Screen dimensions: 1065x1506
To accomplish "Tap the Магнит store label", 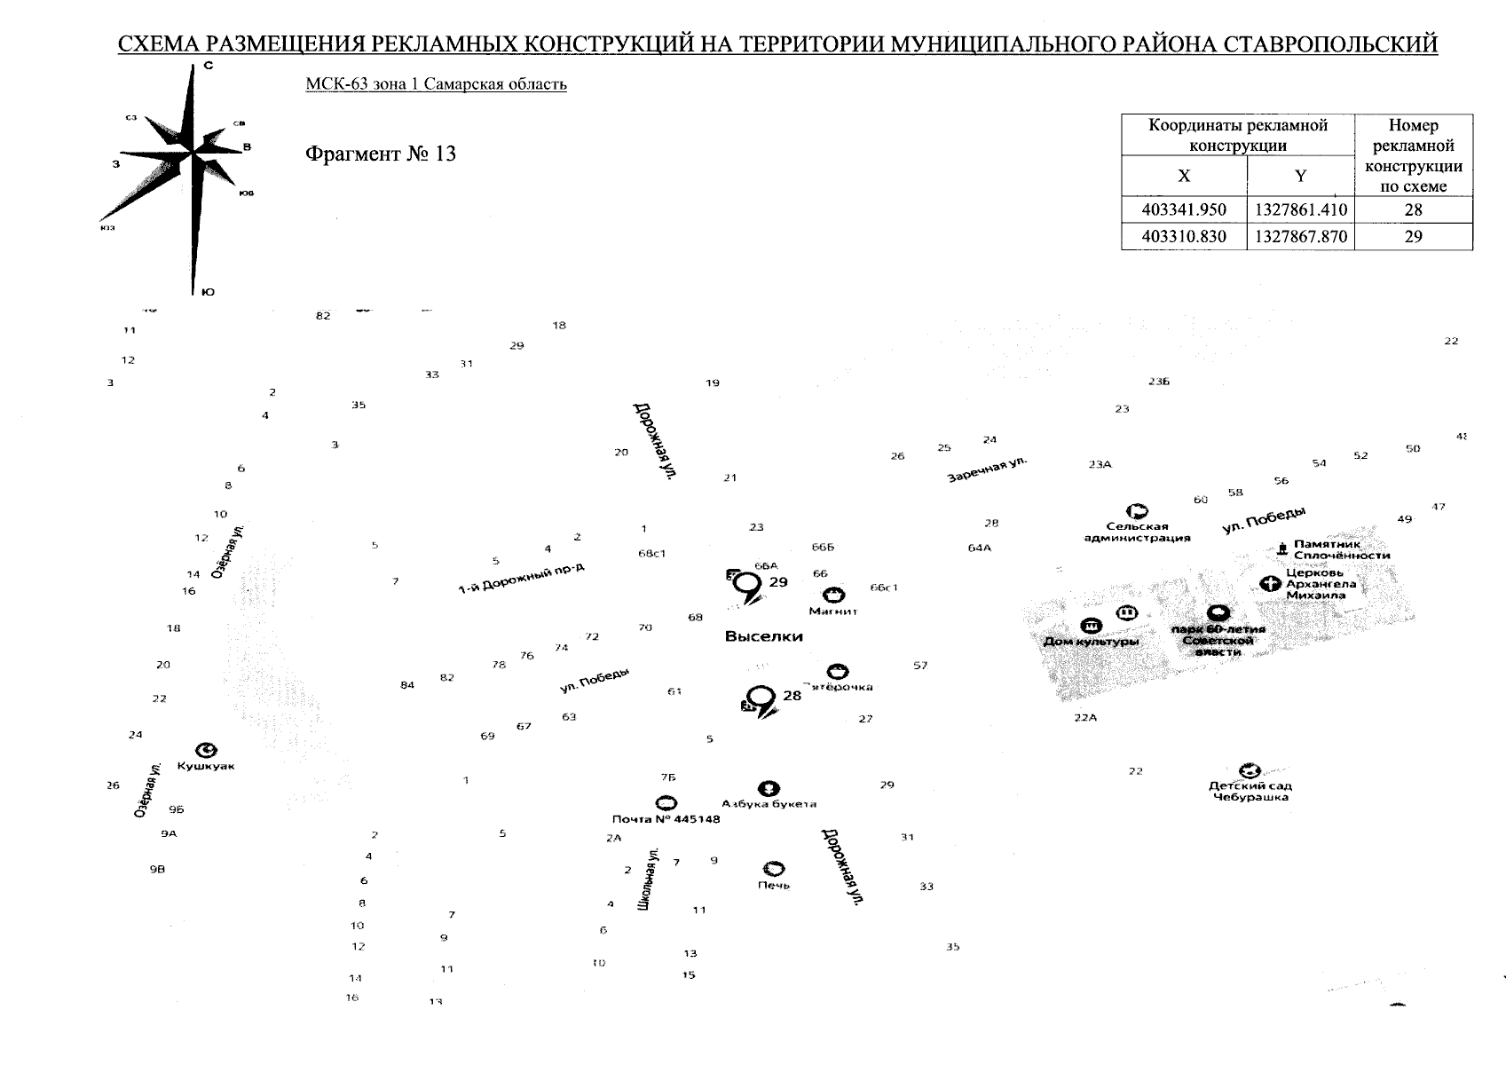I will pyautogui.click(x=833, y=611).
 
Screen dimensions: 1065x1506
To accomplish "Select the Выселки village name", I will pyautogui.click(x=763, y=636).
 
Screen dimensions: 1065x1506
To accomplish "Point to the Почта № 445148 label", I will pyautogui.click(x=666, y=818).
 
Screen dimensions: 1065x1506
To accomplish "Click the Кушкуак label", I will pyautogui.click(x=206, y=766).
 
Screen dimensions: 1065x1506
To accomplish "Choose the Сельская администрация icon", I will pyautogui.click(x=1136, y=511).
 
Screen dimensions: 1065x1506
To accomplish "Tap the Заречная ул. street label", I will pyautogui.click(x=986, y=469).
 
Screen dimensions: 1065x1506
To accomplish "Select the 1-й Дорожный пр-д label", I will pyautogui.click(x=521, y=580).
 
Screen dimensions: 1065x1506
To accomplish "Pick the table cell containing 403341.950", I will pyautogui.click(x=1184, y=210).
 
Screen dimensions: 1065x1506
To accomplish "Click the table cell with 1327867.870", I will pyautogui.click(x=1300, y=237).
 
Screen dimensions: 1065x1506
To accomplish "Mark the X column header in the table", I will pyautogui.click(x=1184, y=176).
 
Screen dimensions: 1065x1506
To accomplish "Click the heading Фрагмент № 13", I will pyautogui.click(x=380, y=154).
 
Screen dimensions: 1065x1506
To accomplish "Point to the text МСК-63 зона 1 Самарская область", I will pyautogui.click(x=436, y=84).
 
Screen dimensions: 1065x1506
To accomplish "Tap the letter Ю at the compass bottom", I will pyautogui.click(x=208, y=292).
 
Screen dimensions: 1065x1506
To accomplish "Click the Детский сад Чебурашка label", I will pyautogui.click(x=1250, y=791).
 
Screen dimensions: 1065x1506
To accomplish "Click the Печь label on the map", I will pyautogui.click(x=773, y=885).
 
